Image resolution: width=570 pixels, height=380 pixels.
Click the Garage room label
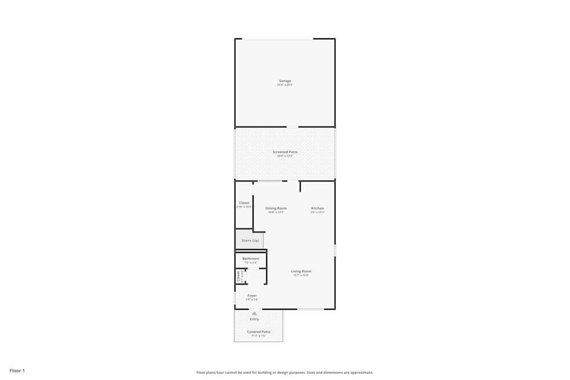tap(285, 81)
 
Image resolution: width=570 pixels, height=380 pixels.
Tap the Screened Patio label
tap(285, 152)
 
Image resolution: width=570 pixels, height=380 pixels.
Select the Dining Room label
tap(276, 209)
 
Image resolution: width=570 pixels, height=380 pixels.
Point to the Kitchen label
tap(317, 209)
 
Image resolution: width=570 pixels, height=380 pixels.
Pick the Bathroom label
tap(251, 259)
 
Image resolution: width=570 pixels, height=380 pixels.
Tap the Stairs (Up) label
tap(250, 240)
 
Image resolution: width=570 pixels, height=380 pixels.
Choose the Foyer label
tap(252, 296)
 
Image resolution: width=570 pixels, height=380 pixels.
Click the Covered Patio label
tap(259, 332)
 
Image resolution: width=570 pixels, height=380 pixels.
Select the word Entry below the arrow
tap(254, 319)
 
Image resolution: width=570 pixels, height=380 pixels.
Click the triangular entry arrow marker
tap(254, 313)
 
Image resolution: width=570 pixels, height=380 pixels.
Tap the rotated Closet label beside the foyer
tap(238, 276)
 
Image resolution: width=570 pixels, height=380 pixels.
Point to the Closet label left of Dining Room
tap(244, 203)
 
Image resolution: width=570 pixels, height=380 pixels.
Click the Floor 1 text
tap(17, 370)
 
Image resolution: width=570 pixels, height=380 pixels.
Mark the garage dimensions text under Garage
tap(285, 85)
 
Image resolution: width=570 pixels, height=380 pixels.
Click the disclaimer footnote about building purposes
tap(285, 373)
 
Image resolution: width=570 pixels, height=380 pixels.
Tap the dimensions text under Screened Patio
tap(285, 156)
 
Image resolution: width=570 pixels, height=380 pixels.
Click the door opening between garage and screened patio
tap(292, 127)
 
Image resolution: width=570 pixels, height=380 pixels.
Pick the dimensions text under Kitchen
tap(317, 213)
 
